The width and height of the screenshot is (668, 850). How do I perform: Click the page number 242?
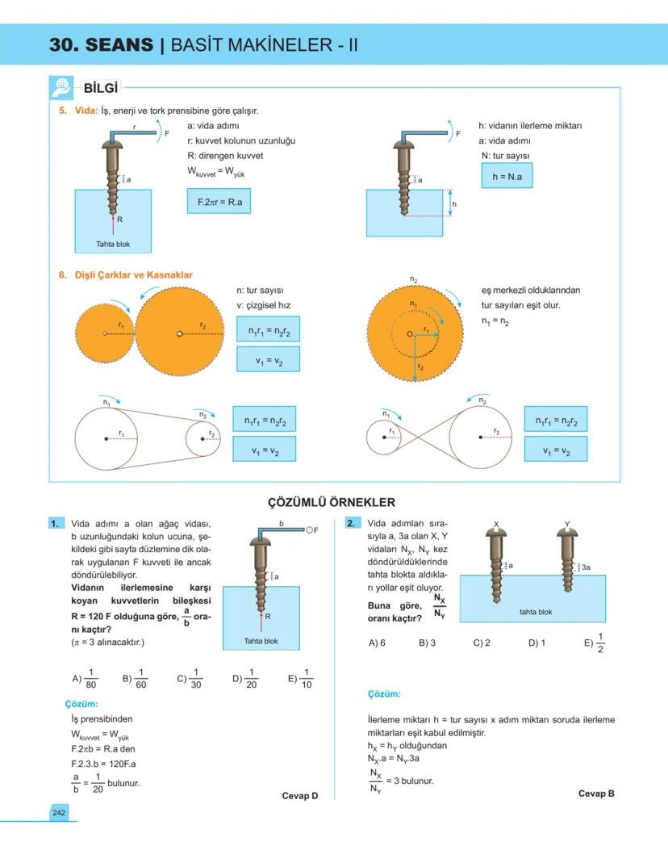click(x=59, y=812)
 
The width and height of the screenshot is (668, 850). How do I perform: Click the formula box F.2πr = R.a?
click(x=219, y=202)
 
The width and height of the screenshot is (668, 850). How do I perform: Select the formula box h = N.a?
click(x=507, y=176)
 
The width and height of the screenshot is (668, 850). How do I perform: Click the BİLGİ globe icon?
click(x=61, y=87)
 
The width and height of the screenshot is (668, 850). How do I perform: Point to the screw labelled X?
click(x=497, y=565)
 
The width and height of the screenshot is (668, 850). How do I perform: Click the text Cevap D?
click(x=299, y=796)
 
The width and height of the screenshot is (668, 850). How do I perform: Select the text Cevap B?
click(x=596, y=793)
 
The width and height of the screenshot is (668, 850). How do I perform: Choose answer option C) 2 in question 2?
click(x=482, y=643)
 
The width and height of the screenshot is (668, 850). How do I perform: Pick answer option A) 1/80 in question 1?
click(x=84, y=678)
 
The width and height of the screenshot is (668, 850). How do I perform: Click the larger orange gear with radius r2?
click(x=179, y=332)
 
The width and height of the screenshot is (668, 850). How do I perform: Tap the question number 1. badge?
click(x=55, y=524)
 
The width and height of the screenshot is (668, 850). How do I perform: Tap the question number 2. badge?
click(x=352, y=524)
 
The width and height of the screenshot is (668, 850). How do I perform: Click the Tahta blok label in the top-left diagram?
click(x=113, y=244)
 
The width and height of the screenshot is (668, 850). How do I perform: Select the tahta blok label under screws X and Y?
click(x=536, y=612)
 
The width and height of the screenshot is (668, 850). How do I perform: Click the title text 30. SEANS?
click(x=101, y=45)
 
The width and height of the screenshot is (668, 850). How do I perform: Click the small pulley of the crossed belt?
click(x=390, y=438)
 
